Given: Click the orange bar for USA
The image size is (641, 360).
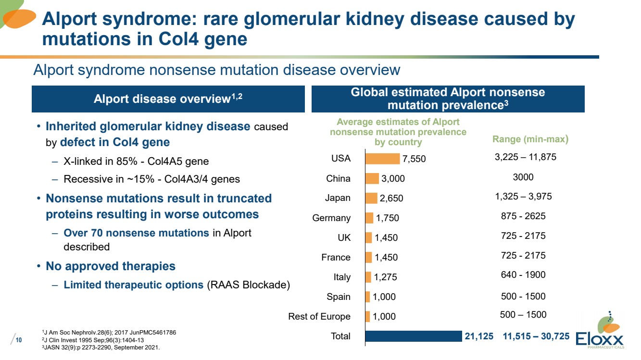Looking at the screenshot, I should tap(383, 159).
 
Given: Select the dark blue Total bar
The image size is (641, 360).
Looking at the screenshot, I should tap(414, 336).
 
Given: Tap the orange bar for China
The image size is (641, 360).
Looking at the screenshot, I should tap(372, 178).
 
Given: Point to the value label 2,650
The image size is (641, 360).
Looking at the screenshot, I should tap(391, 199).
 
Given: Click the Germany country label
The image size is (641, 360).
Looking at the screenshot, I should tap(331, 218).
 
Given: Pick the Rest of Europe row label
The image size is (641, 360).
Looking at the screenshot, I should tap(319, 316).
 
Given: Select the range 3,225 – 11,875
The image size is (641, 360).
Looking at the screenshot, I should tap(526, 157).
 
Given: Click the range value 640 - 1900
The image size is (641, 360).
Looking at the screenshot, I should tap(523, 275).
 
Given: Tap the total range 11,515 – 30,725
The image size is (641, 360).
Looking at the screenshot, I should tap(536, 336).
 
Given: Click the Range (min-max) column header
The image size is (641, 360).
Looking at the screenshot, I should tap(530, 139).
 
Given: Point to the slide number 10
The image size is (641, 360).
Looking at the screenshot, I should tap(19, 340).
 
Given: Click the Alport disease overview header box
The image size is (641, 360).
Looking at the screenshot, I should tap(168, 99).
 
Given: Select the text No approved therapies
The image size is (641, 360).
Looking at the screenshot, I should tap(111, 266).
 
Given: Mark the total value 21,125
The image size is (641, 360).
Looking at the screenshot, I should tap(479, 336).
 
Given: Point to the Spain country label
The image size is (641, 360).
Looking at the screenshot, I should tap(339, 297).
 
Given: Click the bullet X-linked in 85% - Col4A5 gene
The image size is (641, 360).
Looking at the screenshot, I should tap(136, 161).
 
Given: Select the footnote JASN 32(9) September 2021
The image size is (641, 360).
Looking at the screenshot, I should tap(101, 347).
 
